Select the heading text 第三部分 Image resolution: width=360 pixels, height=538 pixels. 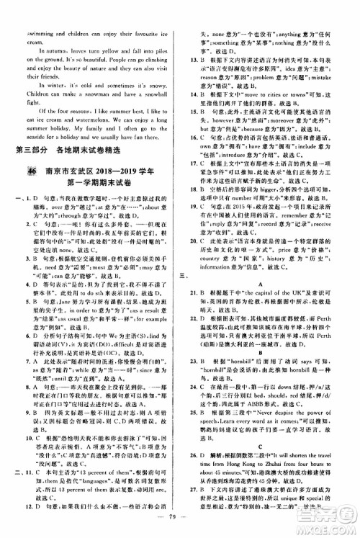pos(37,148)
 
